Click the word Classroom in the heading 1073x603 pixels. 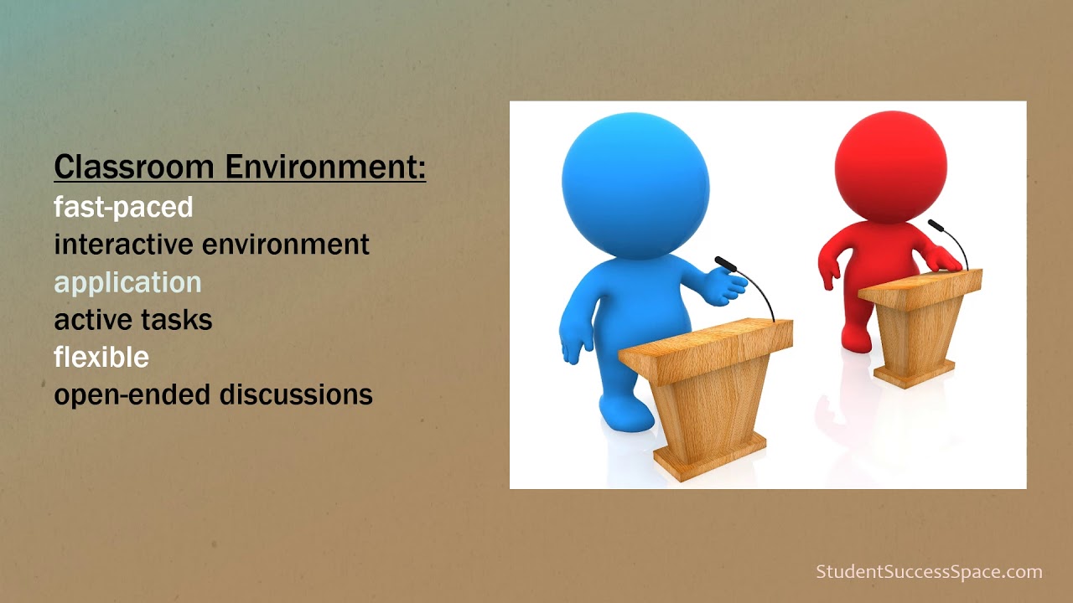point(134,167)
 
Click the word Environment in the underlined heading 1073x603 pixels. point(325,167)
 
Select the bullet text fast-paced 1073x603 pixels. point(123,207)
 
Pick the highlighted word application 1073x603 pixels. point(127,283)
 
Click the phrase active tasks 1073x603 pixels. point(132,319)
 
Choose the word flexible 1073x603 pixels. point(101,357)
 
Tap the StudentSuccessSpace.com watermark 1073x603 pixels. point(929,572)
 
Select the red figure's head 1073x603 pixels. point(890,167)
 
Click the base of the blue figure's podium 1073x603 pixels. point(709,456)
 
